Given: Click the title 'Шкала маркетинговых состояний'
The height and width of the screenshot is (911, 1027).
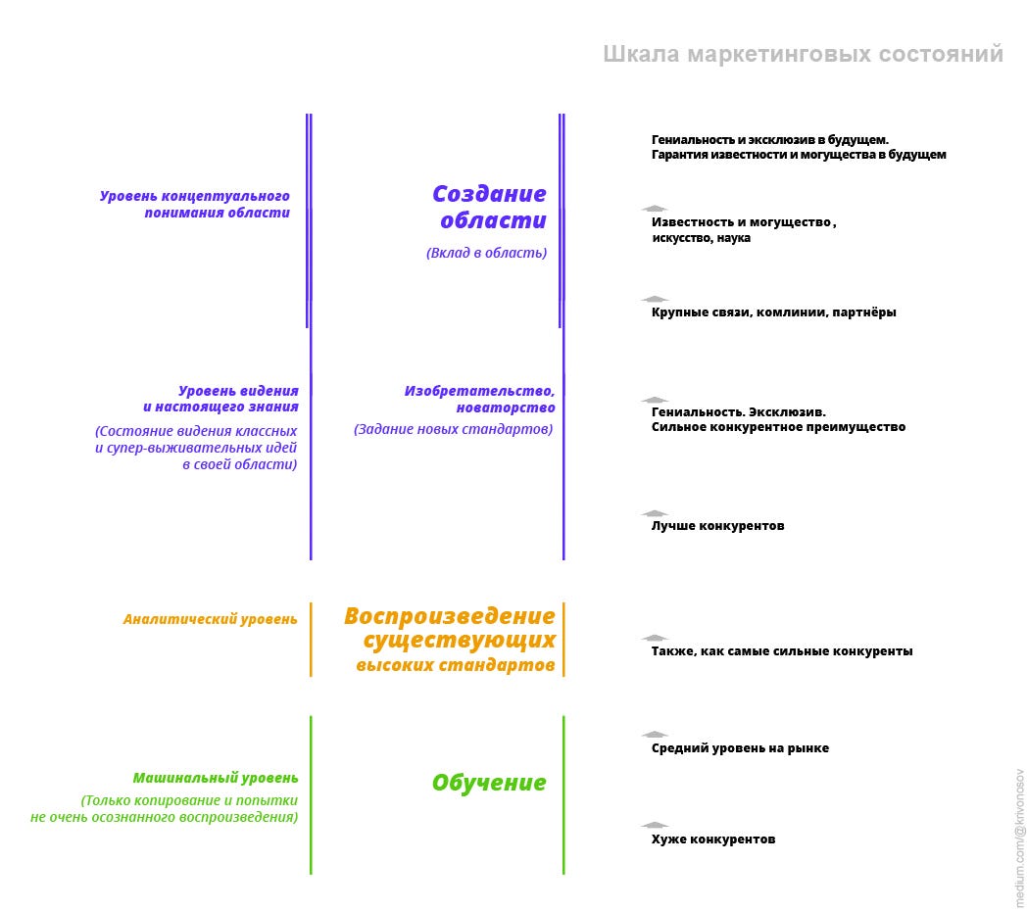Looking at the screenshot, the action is [x=803, y=54].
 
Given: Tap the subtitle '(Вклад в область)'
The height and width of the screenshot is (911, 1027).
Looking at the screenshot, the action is [x=486, y=253].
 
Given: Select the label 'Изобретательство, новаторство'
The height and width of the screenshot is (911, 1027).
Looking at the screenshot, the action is [x=480, y=399].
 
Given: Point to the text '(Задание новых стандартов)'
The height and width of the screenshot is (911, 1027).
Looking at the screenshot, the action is [x=453, y=429].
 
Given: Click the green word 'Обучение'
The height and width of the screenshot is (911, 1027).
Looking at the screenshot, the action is [x=489, y=783].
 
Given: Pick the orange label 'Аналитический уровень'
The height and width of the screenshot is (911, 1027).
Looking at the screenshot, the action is [x=210, y=619].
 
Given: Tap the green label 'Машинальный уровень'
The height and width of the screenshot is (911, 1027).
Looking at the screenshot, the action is [x=216, y=778].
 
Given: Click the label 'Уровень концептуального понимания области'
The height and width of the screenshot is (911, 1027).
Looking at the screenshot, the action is [x=195, y=204].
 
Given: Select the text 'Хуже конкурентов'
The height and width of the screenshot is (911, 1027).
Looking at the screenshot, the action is [x=713, y=839].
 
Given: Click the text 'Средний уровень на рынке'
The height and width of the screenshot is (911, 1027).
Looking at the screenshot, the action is [x=740, y=748].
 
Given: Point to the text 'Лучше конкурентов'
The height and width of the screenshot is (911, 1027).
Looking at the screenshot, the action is [x=717, y=526].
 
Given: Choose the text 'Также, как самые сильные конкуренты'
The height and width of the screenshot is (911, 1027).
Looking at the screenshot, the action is [x=782, y=651].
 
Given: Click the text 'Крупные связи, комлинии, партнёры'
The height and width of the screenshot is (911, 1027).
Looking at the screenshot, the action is [x=773, y=312].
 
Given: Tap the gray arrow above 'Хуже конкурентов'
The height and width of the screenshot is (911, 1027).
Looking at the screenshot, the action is [x=655, y=825].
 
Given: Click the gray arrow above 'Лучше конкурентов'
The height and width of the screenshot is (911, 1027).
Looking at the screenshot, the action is [x=655, y=512].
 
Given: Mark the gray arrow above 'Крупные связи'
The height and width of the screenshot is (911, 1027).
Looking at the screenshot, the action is [x=655, y=299].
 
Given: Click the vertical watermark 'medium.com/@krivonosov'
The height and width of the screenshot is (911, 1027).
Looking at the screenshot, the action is [x=1019, y=837].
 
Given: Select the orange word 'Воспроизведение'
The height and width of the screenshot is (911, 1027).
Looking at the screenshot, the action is [x=449, y=616].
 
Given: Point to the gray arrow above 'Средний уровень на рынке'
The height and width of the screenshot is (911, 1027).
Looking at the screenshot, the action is [x=655, y=734].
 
